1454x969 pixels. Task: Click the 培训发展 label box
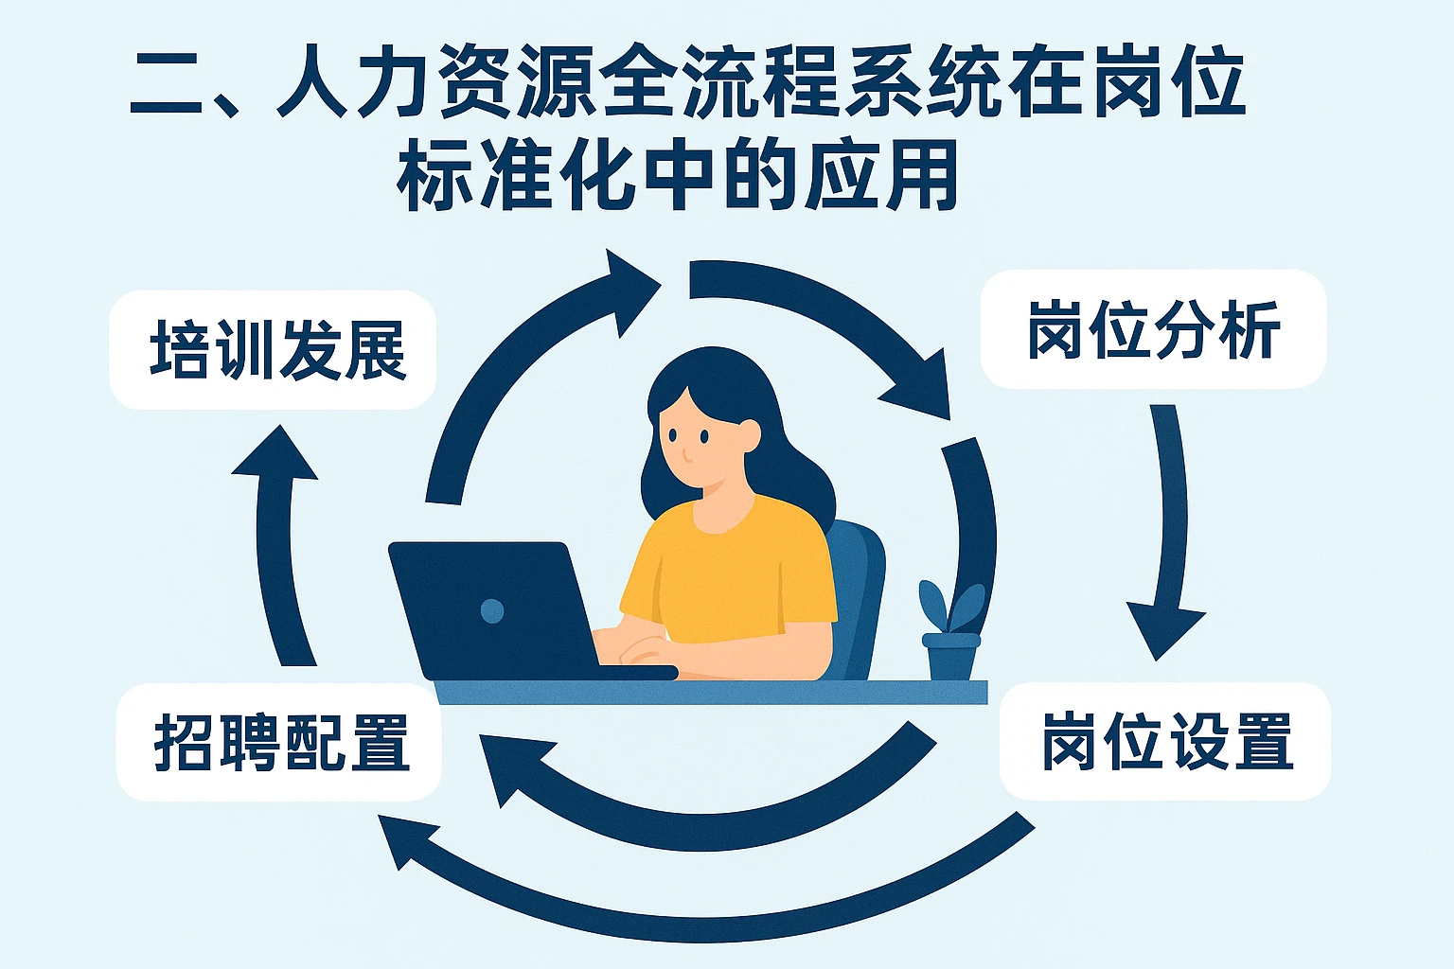273,350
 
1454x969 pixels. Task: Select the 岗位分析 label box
1153,329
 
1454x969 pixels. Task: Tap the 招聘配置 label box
279,742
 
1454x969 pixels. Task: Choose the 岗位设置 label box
1165,741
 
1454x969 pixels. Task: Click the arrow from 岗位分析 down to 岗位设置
1168,530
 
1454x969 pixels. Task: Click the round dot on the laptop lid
492,610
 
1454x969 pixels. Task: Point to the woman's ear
749,435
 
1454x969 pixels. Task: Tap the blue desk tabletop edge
710,692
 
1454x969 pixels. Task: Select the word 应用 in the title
880,177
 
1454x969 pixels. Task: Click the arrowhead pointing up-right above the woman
629,284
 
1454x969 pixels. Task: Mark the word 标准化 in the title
516,177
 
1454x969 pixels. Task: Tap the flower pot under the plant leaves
951,657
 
